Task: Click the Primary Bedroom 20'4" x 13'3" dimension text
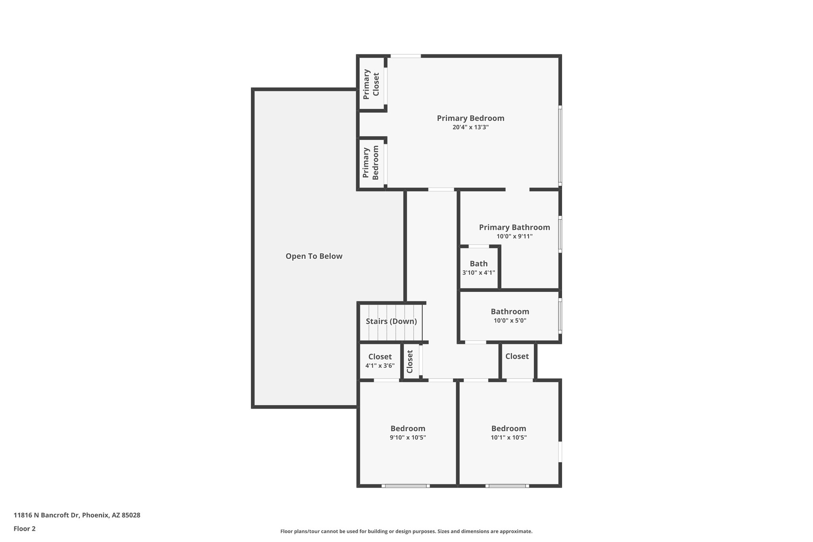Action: click(470, 127)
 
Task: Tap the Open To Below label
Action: click(314, 256)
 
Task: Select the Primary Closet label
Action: click(371, 84)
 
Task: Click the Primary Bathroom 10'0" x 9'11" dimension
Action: click(514, 236)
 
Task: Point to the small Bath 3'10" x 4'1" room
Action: click(478, 268)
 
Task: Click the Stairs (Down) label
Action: click(391, 321)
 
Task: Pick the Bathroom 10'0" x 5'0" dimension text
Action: click(510, 320)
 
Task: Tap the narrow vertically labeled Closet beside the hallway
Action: click(410, 361)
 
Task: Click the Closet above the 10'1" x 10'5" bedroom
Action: click(517, 356)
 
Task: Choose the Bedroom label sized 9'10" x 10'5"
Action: click(408, 428)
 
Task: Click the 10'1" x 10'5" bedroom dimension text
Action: click(509, 438)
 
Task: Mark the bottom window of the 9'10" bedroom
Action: click(406, 485)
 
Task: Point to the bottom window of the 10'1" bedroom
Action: click(507, 485)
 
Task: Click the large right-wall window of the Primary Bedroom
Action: click(560, 145)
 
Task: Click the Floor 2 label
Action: click(25, 528)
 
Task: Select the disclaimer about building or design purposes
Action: click(406, 531)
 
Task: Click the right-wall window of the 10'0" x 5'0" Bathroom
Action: click(560, 316)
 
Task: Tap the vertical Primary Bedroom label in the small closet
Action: click(371, 163)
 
